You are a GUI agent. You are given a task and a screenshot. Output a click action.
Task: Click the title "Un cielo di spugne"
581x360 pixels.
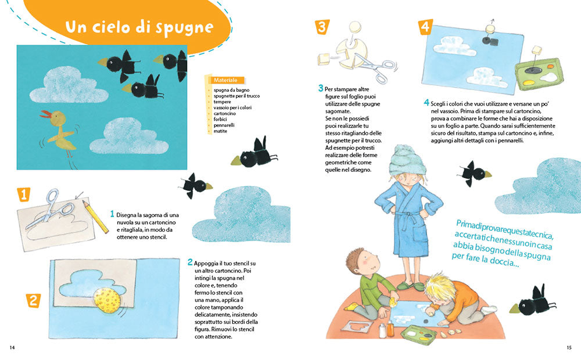139,27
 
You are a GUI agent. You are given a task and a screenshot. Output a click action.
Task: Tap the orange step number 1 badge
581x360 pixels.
24,194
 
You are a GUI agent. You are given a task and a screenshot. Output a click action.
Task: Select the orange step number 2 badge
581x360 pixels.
33,300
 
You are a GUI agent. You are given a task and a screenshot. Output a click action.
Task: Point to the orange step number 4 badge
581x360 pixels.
425,27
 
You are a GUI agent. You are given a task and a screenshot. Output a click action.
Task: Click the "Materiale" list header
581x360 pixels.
225,80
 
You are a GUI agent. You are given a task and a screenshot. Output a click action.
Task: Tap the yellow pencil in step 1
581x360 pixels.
95,217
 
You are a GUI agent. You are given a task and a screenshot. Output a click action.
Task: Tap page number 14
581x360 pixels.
12,347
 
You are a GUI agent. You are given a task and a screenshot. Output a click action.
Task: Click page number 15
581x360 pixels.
569,347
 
